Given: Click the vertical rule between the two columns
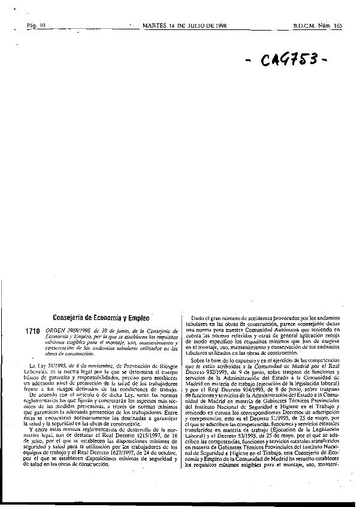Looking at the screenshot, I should coord(181,408).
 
